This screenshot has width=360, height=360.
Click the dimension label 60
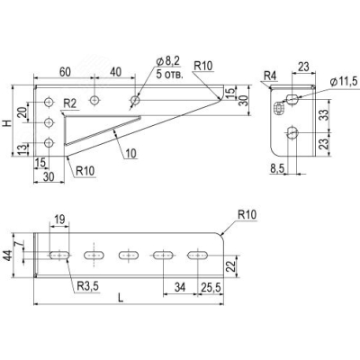pos(65,72)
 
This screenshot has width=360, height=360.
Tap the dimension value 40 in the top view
pos(115,72)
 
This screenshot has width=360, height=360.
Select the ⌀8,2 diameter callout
pos(168,61)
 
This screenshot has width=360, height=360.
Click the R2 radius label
pos(70,103)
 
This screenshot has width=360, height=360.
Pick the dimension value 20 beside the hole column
pos(23,112)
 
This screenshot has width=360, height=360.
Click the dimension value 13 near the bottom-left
pos(23,149)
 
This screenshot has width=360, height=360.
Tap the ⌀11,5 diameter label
pos(344,82)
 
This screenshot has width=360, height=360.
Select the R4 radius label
pos(270,76)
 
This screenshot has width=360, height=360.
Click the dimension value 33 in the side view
pos(324,115)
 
